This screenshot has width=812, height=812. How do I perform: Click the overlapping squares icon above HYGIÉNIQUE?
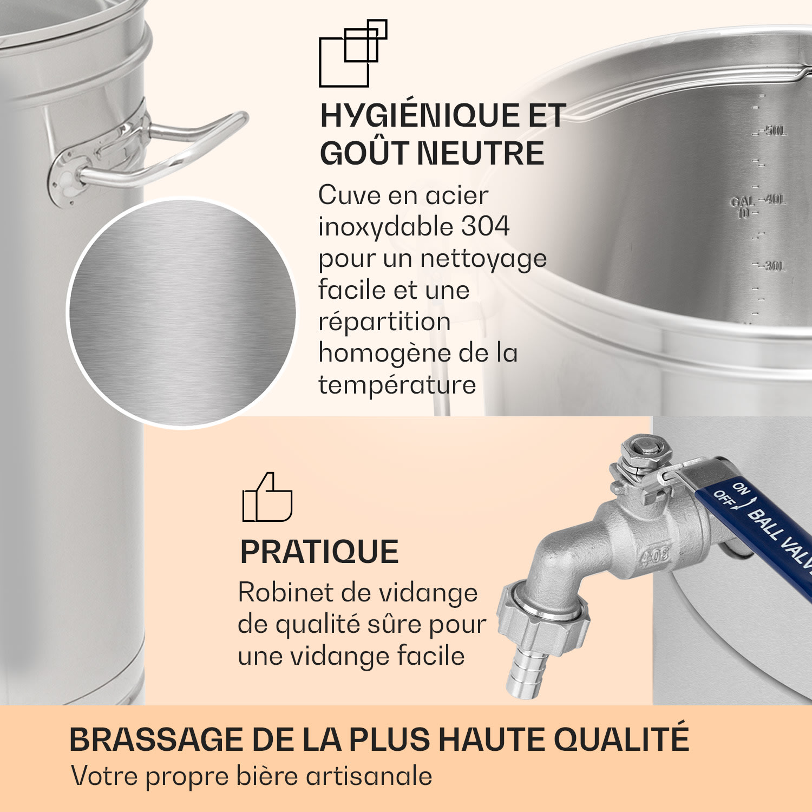[352, 54]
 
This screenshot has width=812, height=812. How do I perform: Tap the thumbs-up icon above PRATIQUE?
[267, 498]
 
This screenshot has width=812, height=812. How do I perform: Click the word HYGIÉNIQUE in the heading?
[411, 116]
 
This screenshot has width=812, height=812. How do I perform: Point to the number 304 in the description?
[485, 227]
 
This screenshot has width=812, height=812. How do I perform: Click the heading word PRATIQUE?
[319, 552]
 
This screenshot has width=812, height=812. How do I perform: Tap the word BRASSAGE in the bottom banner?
[156, 739]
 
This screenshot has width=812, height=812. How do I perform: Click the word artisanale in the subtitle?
[369, 776]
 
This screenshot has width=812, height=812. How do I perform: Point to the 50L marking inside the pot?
[775, 131]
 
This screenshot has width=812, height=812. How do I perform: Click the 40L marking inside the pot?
[775, 200]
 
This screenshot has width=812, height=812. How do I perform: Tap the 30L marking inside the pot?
[775, 266]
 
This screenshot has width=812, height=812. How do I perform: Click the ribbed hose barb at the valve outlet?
[525, 674]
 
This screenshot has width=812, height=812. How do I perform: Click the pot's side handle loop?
[179, 146]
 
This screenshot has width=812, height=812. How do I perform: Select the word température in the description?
[397, 385]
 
